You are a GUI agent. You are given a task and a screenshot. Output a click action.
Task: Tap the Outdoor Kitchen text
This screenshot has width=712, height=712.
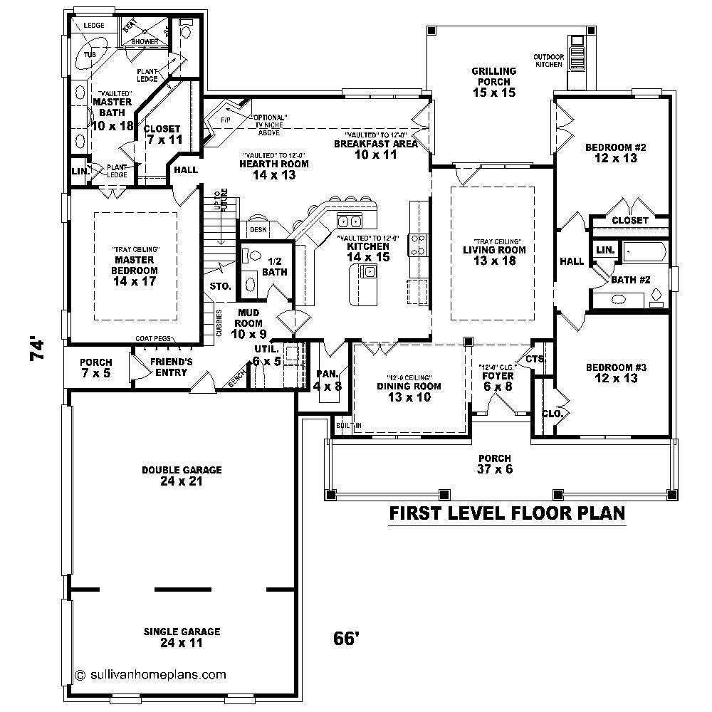pos(549,61)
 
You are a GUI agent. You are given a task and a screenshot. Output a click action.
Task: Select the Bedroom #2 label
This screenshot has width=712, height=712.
pos(615,153)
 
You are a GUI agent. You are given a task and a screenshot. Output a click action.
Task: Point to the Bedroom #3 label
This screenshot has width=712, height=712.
pos(616,372)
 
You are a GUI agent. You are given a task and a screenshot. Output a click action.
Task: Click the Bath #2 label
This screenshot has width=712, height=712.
pos(631,280)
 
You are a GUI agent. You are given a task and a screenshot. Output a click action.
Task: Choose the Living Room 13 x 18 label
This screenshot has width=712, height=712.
pos(494,255)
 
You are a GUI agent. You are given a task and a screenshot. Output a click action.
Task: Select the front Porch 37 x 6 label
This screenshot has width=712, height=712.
pos(494,464)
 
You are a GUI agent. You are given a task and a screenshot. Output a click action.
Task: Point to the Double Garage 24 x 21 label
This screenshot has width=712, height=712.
pos(182,476)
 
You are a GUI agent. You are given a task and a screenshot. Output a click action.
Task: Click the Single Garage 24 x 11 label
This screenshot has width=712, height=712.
pos(182,637)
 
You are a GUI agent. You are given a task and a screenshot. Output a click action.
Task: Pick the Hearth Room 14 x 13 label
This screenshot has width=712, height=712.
pos(273,169)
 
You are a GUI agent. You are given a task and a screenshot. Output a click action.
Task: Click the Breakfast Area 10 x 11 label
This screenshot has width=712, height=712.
pos(375,149)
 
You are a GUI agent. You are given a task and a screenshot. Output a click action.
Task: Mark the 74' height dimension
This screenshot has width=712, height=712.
pos(38,350)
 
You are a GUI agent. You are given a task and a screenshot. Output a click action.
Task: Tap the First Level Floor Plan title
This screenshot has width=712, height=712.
pos(506,513)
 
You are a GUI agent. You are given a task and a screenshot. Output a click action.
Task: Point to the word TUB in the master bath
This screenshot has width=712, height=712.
pos(90,54)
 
